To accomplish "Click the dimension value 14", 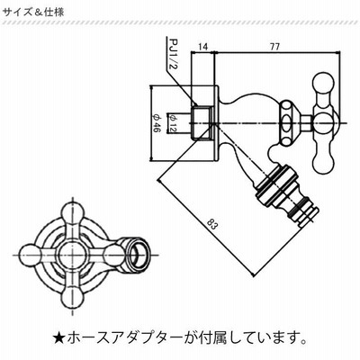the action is (x=202, y=47).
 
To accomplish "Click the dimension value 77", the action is (x=274, y=47).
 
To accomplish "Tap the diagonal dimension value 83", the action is (x=212, y=224).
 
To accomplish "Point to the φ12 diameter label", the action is (x=172, y=123).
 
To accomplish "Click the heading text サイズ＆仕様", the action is (x=33, y=13).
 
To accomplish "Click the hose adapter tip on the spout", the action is (x=307, y=213).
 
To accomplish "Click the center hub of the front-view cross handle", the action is (x=73, y=256).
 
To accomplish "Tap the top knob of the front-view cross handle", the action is (x=73, y=212).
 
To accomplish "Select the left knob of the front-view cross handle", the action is (x=30, y=256).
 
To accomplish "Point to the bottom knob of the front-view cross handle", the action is (x=73, y=298).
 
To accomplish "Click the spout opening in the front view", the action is (x=137, y=255).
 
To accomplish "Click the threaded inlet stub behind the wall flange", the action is (x=201, y=123).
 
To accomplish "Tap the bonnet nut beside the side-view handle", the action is (x=289, y=123).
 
